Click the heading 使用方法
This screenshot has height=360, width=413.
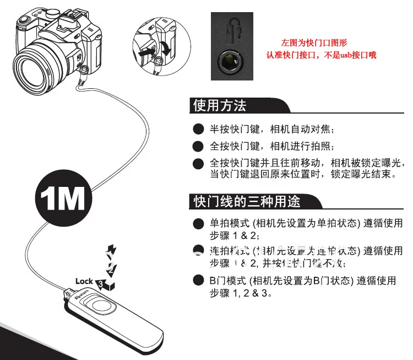click(220, 105)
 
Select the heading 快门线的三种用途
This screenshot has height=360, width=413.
click(247, 201)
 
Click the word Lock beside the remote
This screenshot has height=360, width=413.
click(84, 281)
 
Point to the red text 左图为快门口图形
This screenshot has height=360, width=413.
click(314, 42)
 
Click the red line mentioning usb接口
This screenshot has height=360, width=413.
click(322, 56)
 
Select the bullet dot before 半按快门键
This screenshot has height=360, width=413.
click(198, 130)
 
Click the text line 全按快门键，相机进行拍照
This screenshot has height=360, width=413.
click(271, 147)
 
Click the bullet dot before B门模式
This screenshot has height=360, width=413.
click(198, 281)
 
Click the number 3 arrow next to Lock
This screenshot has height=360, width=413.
click(101, 283)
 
